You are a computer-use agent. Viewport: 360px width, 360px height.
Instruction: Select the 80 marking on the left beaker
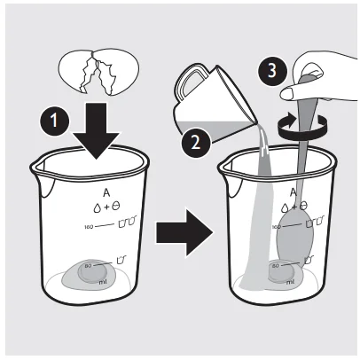point(88,265)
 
